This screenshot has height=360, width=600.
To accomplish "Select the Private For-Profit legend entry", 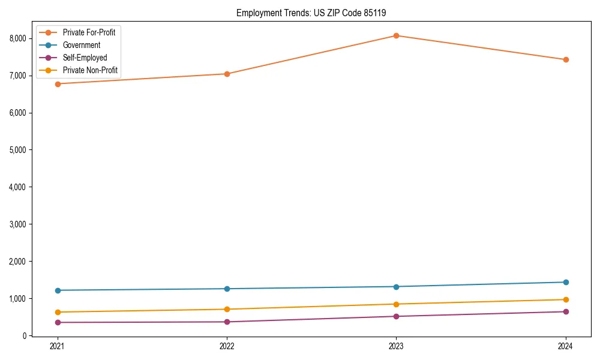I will pyautogui.click(x=89, y=32).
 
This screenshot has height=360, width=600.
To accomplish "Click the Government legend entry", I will pyautogui.click(x=82, y=45).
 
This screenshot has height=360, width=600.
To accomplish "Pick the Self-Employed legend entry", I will pyautogui.click(x=85, y=58).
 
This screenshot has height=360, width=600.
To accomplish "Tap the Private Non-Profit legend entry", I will pyautogui.click(x=90, y=71).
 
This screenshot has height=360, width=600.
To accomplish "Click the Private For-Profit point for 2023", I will pyautogui.click(x=396, y=35).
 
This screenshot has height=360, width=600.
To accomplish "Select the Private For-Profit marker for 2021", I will pyautogui.click(x=58, y=84).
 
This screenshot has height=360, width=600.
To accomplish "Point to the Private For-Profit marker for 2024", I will pyautogui.click(x=565, y=59).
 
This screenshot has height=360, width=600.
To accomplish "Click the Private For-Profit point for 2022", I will pyautogui.click(x=227, y=74).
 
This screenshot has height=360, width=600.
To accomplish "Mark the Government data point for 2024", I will pyautogui.click(x=565, y=282).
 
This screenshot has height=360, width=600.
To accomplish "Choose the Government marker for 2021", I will pyautogui.click(x=58, y=290).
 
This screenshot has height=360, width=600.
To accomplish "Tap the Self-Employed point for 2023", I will pyautogui.click(x=396, y=316).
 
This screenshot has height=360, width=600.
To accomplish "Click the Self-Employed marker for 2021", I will pyautogui.click(x=58, y=322).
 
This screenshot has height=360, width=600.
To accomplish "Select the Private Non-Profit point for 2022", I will pyautogui.click(x=227, y=309).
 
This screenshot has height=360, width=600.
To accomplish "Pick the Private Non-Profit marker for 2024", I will pyautogui.click(x=565, y=299).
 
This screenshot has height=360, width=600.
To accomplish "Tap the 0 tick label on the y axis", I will pyautogui.click(x=25, y=336).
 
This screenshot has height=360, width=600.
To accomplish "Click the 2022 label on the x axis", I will pyautogui.click(x=227, y=346).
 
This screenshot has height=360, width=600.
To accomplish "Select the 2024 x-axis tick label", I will pyautogui.click(x=565, y=346).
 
